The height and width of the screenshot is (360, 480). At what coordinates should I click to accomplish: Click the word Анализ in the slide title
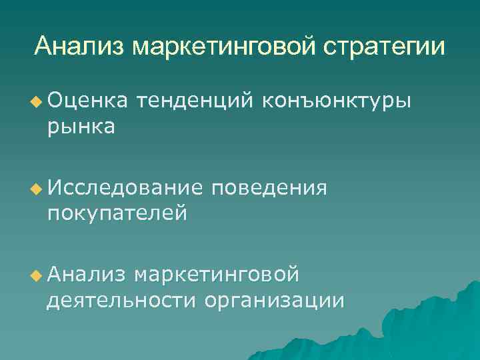79,47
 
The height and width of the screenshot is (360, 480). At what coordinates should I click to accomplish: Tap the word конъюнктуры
338,101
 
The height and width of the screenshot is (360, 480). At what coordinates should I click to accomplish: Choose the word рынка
81,125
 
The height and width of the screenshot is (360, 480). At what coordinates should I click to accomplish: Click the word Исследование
124,189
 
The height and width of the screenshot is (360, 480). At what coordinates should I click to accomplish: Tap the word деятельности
121,301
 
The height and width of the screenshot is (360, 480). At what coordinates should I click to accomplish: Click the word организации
275,301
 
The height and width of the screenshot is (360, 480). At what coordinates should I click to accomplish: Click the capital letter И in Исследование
54,189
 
